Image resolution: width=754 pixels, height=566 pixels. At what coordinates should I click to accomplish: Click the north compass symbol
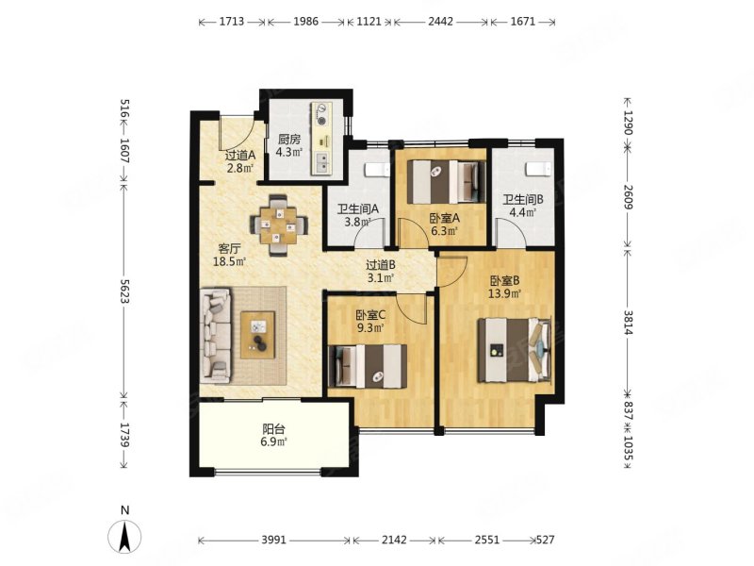coord(124,535)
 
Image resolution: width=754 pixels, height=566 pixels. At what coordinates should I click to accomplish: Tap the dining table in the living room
coord(279,225)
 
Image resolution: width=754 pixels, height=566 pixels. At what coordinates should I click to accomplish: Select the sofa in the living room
coord(217,335)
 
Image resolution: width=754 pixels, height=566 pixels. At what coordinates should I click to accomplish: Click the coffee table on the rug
coord(257,335)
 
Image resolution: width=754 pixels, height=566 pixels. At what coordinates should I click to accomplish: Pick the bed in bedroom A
coord(446,181)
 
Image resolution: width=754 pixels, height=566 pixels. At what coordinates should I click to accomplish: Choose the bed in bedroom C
coord(367,366)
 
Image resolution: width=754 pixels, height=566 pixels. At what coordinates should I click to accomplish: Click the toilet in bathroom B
coord(538,170)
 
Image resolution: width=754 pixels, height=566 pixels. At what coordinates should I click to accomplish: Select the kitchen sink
coord(321,162)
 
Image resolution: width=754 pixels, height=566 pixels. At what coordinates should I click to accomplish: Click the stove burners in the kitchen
coord(320,114)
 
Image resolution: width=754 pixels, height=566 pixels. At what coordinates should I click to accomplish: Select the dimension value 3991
coord(273,540)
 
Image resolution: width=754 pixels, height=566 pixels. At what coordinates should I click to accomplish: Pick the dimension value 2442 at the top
coord(440,22)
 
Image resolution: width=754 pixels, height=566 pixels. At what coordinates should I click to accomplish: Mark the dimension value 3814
coord(628,323)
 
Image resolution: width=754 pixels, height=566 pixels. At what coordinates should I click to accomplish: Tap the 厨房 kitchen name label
coord(289,140)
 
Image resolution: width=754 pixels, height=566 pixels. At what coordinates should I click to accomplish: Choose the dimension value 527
coord(545,540)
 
